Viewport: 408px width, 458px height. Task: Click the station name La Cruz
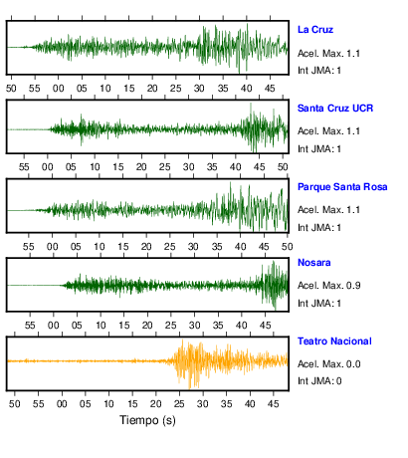tap(315, 30)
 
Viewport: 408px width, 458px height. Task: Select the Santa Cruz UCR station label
tap(335, 109)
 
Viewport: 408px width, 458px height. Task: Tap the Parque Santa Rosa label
tap(342, 187)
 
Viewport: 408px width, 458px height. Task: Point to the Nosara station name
tap(314, 263)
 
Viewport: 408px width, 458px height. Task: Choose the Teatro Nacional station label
tap(334, 342)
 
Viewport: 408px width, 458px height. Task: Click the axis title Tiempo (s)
tap(147, 420)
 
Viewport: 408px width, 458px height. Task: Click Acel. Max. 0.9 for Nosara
tap(328, 286)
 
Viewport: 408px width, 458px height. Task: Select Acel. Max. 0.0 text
tap(328, 364)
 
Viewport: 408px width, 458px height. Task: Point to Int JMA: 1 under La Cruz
tap(319, 71)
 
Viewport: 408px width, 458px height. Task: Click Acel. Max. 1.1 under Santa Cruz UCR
tap(328, 131)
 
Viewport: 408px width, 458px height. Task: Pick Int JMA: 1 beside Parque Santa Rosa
tap(319, 228)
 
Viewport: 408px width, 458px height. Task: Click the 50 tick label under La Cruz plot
tap(11, 89)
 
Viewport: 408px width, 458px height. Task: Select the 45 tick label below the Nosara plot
tap(265, 326)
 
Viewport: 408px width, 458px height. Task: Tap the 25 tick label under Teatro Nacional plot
tap(179, 404)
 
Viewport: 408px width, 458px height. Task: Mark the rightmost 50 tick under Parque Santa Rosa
tap(288, 247)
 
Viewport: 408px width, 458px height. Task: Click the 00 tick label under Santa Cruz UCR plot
tap(48, 167)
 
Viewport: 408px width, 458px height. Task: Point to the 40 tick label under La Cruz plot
tap(247, 89)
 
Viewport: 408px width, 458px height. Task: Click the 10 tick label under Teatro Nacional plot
tap(108, 404)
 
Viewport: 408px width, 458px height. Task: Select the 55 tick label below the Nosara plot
tap(30, 326)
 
